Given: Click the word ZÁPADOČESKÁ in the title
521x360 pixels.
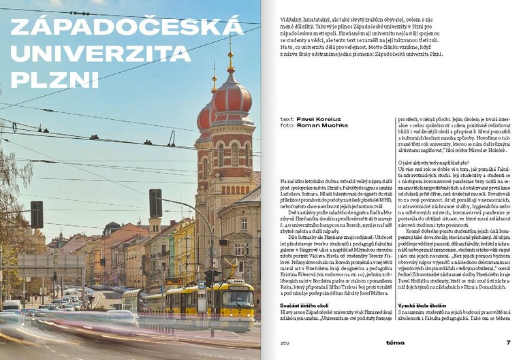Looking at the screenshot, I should [x=127, y=27].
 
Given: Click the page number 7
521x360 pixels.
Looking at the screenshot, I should [x=508, y=342].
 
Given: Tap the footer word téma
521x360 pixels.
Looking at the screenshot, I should [x=394, y=342].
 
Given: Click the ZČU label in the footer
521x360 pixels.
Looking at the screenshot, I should [x=285, y=343].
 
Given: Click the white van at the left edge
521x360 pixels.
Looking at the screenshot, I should [x=10, y=306].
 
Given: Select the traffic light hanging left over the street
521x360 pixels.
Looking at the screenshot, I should [x=36, y=214].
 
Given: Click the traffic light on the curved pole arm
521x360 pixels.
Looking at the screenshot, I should [x=155, y=203].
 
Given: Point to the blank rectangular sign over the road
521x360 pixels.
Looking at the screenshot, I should [x=42, y=261].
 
